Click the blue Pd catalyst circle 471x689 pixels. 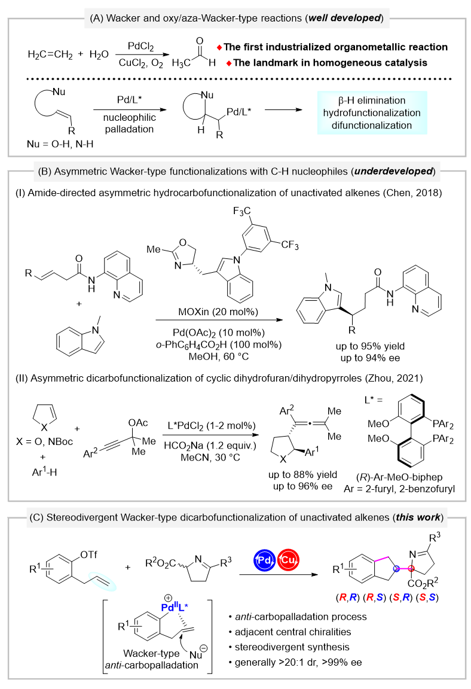[265, 560]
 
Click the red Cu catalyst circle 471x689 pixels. [288, 560]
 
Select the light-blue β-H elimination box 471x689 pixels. [372, 112]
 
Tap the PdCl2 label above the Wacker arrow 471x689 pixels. [140, 46]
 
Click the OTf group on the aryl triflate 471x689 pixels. [88, 554]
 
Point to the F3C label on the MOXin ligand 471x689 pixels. [242, 211]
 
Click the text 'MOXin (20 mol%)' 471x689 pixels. [218, 312]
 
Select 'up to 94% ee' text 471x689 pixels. [370, 358]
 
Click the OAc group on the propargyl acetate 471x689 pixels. [138, 423]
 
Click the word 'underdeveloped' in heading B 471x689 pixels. [393, 171]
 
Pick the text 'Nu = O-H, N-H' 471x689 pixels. [60, 144]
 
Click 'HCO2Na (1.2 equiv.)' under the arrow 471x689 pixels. [210, 446]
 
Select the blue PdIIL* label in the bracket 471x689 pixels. [175, 607]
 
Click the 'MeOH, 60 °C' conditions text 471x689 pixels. [219, 356]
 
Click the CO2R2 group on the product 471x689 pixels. [423, 583]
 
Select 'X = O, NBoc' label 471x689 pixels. [44, 441]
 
